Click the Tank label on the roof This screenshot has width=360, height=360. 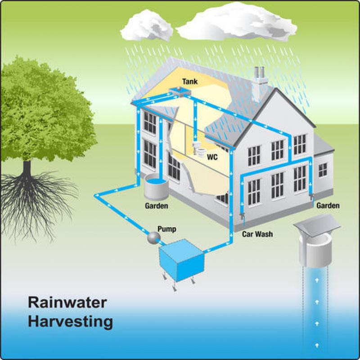(x=189, y=82)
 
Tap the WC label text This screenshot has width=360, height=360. (x=212, y=158)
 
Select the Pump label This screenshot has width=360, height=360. (x=166, y=229)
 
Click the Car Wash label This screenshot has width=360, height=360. (x=257, y=234)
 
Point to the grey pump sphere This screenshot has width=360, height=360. (x=154, y=237)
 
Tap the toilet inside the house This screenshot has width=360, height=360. (x=198, y=148)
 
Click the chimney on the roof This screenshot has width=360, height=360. (x=260, y=83)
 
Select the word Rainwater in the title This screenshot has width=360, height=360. (x=67, y=302)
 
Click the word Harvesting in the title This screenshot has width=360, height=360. (x=70, y=322)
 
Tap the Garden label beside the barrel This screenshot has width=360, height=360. (x=156, y=206)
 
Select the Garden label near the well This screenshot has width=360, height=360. (x=328, y=206)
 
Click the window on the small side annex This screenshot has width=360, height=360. (x=323, y=170)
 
